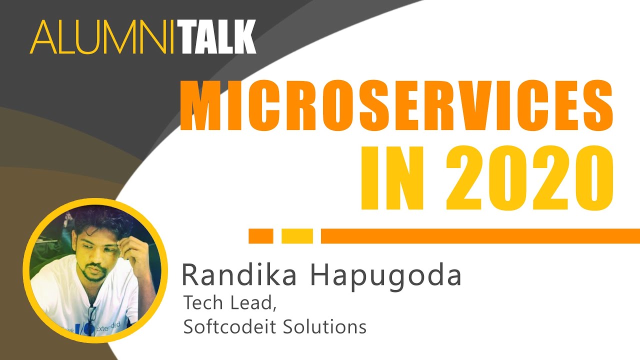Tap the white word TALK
pyautogui.click(x=219, y=37)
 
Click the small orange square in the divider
pyautogui.click(x=260, y=236)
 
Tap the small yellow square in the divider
pyautogui.click(x=297, y=236)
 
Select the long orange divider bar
pyautogui.click(x=480, y=236)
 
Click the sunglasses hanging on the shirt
pyautogui.click(x=91, y=317)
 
